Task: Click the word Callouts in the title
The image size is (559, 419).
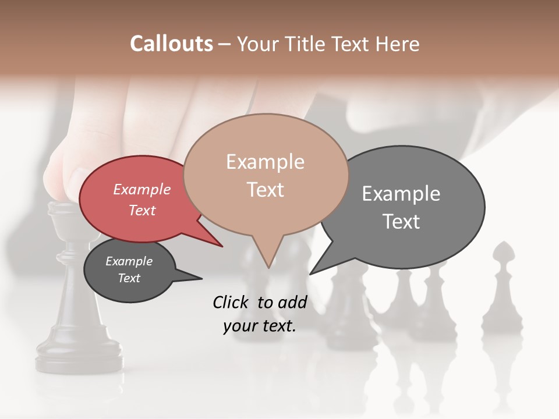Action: (x=171, y=44)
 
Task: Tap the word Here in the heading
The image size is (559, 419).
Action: (x=398, y=44)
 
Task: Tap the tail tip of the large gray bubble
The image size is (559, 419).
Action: (x=310, y=274)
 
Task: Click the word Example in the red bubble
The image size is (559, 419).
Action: (x=142, y=190)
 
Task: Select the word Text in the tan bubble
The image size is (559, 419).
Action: (x=266, y=190)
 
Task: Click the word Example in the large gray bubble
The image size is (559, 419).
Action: (x=401, y=194)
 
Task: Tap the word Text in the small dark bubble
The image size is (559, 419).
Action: (x=129, y=278)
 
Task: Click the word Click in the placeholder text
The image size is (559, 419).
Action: (x=232, y=302)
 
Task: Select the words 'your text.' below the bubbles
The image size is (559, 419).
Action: (x=260, y=326)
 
